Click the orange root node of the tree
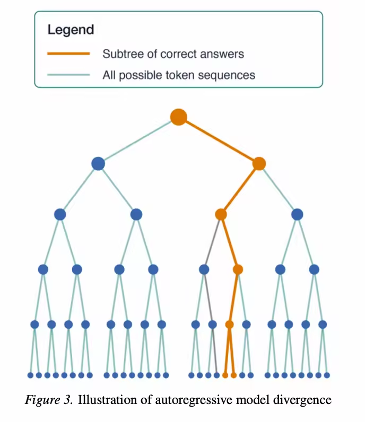(x=179, y=117)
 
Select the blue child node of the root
(x=98, y=164)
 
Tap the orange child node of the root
(x=259, y=164)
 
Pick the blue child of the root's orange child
(x=297, y=214)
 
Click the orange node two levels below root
(x=221, y=214)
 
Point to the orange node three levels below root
(x=238, y=269)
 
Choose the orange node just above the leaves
(x=229, y=324)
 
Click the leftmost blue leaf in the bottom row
(x=30, y=375)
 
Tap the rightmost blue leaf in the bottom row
(x=327, y=375)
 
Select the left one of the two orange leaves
(x=225, y=375)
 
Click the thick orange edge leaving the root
(x=219, y=140)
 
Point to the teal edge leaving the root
(x=138, y=140)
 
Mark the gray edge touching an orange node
(x=213, y=241)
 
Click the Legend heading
(x=71, y=29)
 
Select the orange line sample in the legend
(x=68, y=54)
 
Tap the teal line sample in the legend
(x=68, y=75)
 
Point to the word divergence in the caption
(x=303, y=399)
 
